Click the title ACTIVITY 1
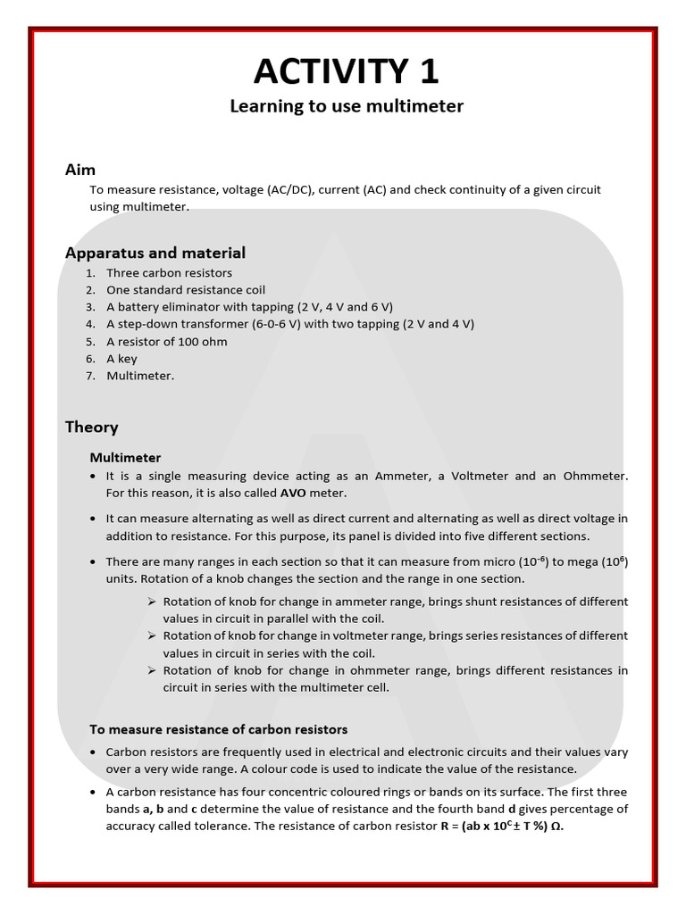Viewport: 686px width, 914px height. coord(347,71)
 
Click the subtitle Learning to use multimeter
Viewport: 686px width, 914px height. coord(347,106)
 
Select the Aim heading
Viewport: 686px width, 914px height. coord(80,170)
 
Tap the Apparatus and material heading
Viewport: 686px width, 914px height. coord(155,253)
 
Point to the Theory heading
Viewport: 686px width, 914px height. coord(91,427)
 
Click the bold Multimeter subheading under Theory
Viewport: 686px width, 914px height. coord(125,457)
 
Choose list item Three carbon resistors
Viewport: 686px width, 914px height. coord(169,273)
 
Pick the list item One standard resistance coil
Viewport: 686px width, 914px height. coord(186,290)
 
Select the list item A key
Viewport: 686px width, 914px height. coord(124,359)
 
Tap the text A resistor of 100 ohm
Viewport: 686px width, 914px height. coord(167,342)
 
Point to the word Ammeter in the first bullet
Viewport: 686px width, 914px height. coord(386,476)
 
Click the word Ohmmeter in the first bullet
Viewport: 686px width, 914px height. coord(596,476)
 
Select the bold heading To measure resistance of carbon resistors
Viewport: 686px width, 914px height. coord(218,729)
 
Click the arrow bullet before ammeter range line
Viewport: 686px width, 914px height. coord(152,602)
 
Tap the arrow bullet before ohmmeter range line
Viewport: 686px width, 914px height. coord(152,670)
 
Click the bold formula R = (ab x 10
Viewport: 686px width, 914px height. coord(459,826)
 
